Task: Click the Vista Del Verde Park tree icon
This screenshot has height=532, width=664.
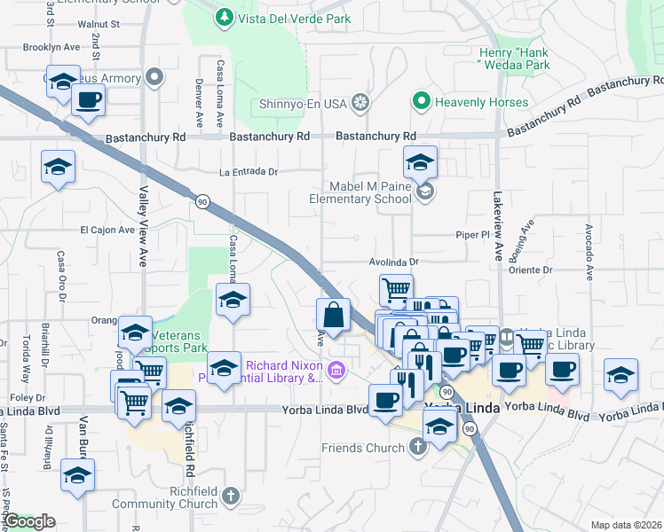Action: [x=226, y=17]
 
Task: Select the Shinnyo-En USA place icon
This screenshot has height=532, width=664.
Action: [x=360, y=103]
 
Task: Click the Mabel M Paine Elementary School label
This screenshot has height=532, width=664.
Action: [x=360, y=192]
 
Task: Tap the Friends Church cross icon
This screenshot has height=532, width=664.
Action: [x=418, y=448]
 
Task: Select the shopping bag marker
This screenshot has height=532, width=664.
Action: [x=333, y=316]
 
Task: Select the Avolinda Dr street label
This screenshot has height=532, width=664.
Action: [x=394, y=262]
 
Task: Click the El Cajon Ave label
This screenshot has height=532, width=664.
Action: [x=107, y=229]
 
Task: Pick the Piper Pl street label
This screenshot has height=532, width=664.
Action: [x=472, y=236]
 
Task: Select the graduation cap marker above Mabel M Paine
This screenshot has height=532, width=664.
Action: [x=421, y=162]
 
